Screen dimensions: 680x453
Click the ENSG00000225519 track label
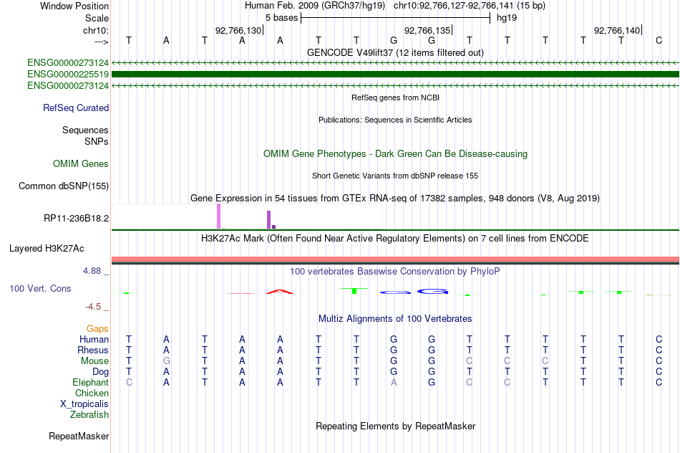[x=68, y=75]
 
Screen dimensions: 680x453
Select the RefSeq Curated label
[x=76, y=108]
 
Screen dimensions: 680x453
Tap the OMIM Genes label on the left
[x=81, y=163]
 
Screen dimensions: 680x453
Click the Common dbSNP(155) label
[x=64, y=186]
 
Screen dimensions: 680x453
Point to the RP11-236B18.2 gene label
[x=77, y=218]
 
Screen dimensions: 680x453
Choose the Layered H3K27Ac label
[x=47, y=249]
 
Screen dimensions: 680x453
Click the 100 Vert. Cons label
[x=40, y=288]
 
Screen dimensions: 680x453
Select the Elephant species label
[x=90, y=382]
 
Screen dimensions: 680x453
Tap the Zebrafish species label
[x=89, y=414]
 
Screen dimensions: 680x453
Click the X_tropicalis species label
[x=84, y=404]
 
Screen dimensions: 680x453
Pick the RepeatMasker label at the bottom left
[x=79, y=436]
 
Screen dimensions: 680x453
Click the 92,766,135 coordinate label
[x=427, y=30]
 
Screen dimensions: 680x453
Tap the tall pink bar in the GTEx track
[x=218, y=216]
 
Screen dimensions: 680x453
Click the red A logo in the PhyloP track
[x=280, y=291]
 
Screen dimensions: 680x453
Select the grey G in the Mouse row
[x=167, y=361]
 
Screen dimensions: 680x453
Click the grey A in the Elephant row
[x=394, y=382]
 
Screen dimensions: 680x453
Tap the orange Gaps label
[x=97, y=329]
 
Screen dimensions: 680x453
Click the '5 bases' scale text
[x=282, y=18]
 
